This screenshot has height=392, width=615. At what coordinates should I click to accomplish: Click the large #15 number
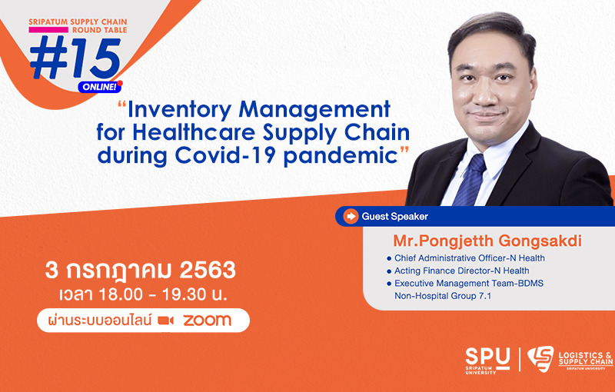point(75,58)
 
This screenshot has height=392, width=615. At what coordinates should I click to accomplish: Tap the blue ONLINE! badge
point(100,87)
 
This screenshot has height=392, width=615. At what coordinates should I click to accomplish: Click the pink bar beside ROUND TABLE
point(48,30)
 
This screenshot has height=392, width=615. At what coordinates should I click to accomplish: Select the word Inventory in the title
point(181,109)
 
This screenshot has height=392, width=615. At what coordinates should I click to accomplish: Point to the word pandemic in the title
point(341,155)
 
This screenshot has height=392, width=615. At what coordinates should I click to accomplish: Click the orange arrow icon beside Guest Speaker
point(351,216)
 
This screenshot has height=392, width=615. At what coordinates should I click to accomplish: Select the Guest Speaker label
point(394,217)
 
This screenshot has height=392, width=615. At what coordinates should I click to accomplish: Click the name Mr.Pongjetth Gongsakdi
point(487,241)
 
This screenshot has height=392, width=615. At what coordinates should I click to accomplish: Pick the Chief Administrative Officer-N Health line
point(470,258)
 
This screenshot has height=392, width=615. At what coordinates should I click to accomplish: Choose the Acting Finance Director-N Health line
point(462,271)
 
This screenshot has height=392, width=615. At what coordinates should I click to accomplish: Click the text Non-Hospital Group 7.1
point(443,296)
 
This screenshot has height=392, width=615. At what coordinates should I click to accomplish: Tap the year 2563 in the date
point(208,270)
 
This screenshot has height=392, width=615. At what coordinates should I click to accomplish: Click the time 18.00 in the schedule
point(121,294)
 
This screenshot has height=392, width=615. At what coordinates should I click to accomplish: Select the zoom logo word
point(207,321)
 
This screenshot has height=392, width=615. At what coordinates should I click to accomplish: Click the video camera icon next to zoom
point(165,321)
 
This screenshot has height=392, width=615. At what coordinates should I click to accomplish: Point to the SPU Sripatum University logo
point(487,360)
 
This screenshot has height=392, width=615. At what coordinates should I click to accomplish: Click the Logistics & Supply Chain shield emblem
point(540,358)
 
